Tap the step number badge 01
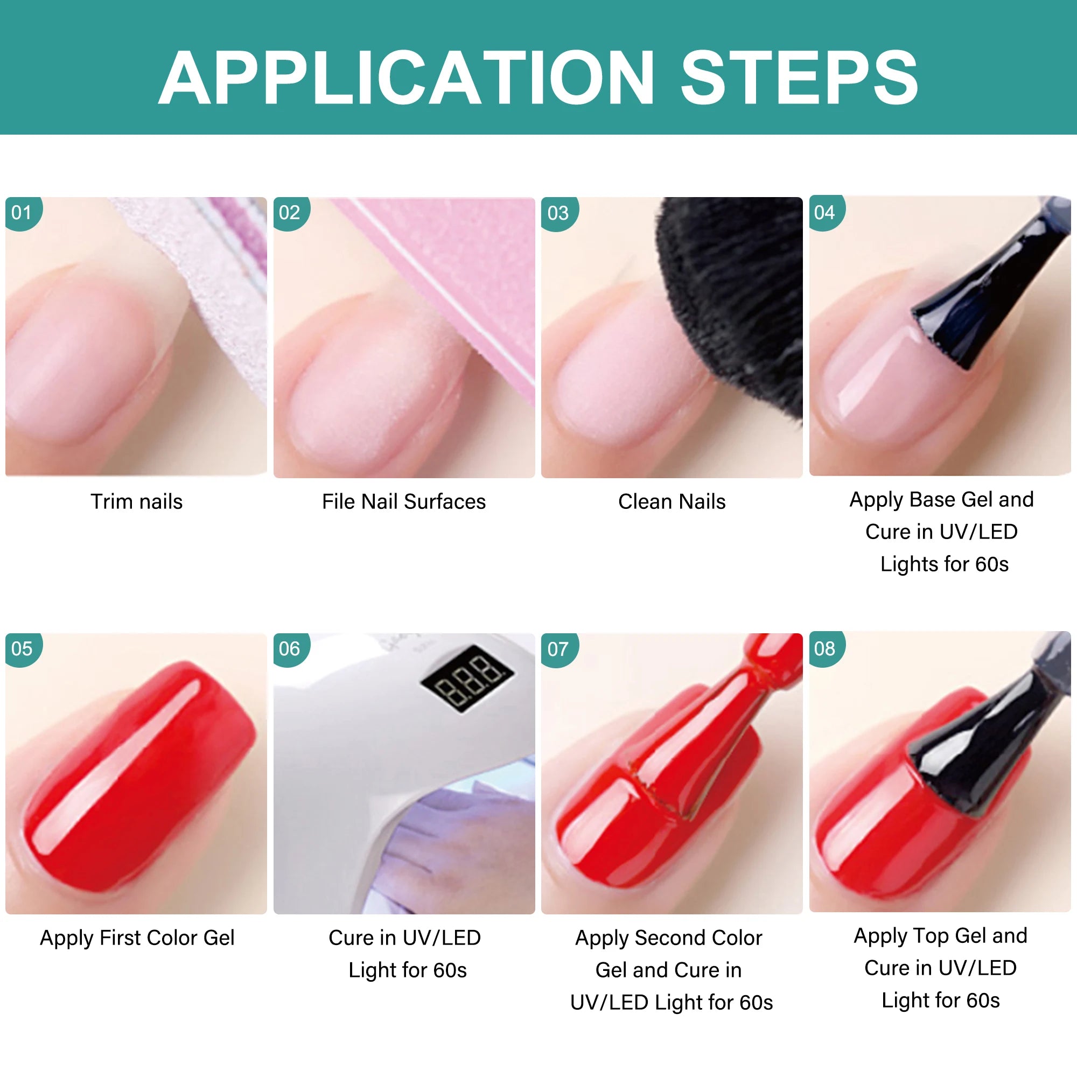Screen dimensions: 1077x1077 pos(22,212)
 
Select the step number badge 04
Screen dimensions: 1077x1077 pos(826,212)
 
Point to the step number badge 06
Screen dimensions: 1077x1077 pos(290,649)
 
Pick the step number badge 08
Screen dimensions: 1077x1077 pos(826,648)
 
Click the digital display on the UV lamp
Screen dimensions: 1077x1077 pos(467,677)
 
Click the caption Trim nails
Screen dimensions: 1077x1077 pos(137,502)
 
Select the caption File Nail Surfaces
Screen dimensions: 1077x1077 pos(404,502)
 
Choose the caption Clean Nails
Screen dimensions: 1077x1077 pos(672,502)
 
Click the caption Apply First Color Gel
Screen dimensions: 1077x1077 pos(137,938)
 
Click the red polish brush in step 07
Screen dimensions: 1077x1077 pos(719,725)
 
